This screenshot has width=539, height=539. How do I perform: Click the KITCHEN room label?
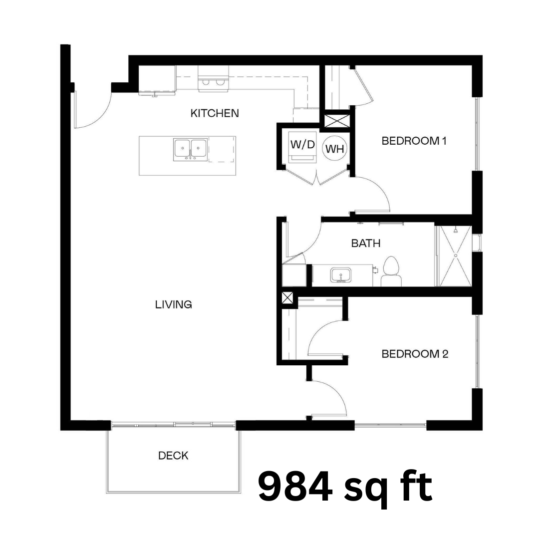[x=215, y=113]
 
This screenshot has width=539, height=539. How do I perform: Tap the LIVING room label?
[x=174, y=304]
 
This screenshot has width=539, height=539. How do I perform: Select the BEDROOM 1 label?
[x=414, y=141]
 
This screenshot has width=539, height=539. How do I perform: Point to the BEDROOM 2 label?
[x=415, y=354]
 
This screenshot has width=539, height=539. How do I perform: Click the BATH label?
[x=366, y=244]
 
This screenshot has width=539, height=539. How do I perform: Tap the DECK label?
[x=173, y=456]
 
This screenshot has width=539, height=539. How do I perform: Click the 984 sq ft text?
[x=345, y=487]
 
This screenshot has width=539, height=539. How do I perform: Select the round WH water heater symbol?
[x=334, y=149]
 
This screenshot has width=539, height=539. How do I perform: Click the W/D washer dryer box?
[x=302, y=147]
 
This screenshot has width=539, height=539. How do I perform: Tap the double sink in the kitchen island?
[x=191, y=150]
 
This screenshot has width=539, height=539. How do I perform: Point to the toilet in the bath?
[x=391, y=271]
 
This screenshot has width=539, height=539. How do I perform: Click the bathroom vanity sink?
[x=341, y=275]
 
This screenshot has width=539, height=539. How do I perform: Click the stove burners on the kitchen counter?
[x=213, y=82]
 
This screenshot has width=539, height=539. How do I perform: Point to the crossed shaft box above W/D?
[x=337, y=121]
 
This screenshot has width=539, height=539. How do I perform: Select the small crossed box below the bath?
[x=287, y=297]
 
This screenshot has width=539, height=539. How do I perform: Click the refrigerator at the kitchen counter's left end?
[x=157, y=80]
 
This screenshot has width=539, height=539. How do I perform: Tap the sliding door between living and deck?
[x=174, y=425]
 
